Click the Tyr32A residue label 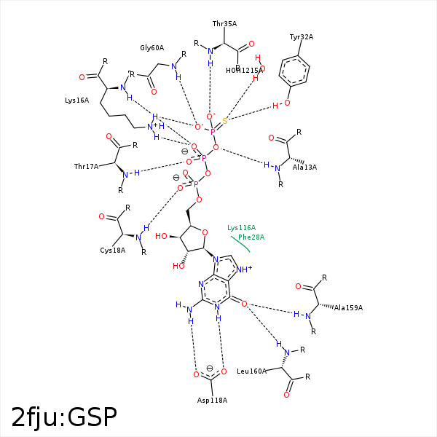click(x=302, y=37)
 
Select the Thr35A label click(x=224, y=24)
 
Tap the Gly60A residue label click(x=152, y=48)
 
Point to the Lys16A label click(x=76, y=101)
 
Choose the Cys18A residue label click(x=113, y=251)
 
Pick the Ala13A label click(x=304, y=167)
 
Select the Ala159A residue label click(x=348, y=307)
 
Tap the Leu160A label click(x=251, y=371)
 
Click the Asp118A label click(x=213, y=401)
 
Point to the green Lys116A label click(x=242, y=228)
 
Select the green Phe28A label click(x=251, y=237)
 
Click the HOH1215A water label click(x=244, y=71)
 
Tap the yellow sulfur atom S click(x=225, y=121)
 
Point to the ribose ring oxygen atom click(x=205, y=232)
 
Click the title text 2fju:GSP click(x=64, y=417)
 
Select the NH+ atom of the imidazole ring click(x=245, y=269)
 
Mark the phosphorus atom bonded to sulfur click(x=213, y=133)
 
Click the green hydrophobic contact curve click(x=240, y=244)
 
